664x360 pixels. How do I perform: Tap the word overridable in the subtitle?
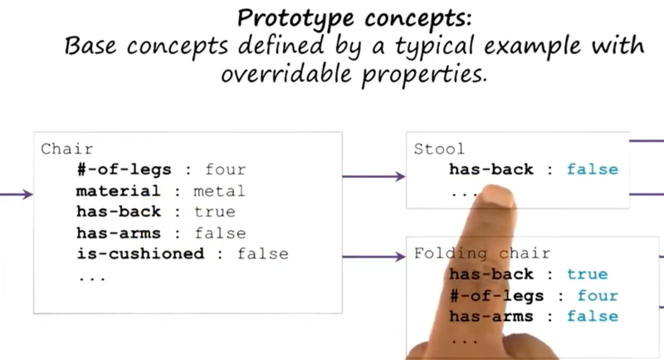click(286, 74)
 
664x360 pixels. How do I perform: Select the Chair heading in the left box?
click(67, 149)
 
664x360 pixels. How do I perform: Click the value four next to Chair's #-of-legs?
click(225, 169)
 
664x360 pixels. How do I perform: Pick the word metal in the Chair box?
click(219, 191)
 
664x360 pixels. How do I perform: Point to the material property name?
click(119, 191)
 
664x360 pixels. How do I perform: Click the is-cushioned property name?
click(140, 253)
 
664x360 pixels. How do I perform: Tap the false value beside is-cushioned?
click(262, 254)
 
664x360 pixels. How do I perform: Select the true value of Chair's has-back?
click(214, 212)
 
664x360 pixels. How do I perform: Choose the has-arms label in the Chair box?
click(119, 232)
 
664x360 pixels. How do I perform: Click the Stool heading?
click(439, 149)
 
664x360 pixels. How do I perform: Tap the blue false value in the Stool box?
click(593, 169)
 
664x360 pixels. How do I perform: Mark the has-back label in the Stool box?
click(491, 169)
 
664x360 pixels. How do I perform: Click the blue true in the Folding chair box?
click(588, 274)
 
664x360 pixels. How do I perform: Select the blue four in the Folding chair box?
click(598, 295)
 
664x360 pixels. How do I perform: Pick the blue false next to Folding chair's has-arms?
click(593, 316)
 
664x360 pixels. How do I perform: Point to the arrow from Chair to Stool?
click(374, 176)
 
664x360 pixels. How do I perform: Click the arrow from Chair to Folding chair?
click(374, 256)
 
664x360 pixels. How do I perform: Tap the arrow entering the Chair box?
click(17, 194)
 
